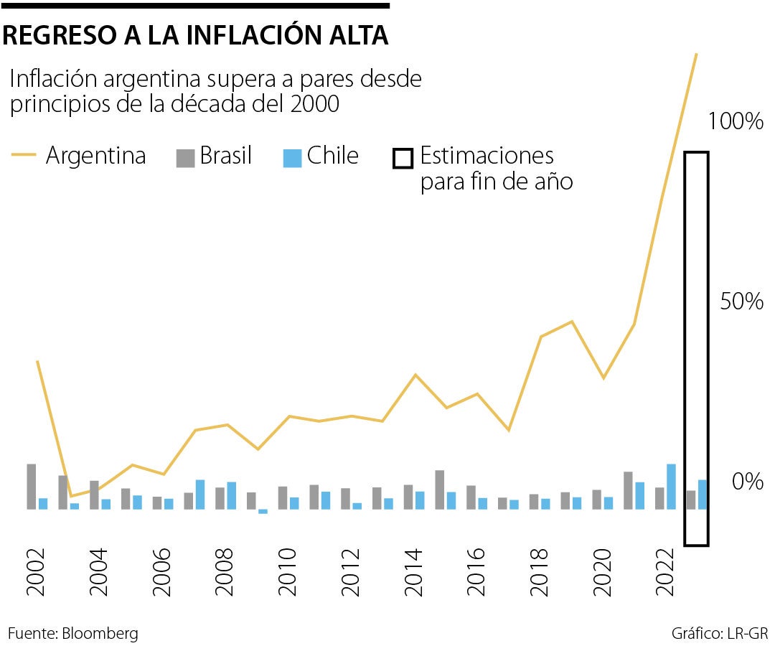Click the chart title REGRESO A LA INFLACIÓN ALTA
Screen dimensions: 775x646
point(195,34)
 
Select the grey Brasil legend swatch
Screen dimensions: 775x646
point(185,157)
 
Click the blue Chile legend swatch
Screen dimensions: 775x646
point(292,157)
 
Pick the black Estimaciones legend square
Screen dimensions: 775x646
point(403,158)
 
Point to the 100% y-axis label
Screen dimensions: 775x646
point(735,121)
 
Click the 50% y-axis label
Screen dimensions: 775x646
point(742,301)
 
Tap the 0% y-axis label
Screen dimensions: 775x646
point(748,482)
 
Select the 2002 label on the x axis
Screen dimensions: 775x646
point(36,574)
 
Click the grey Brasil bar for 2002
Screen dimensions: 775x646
point(32,487)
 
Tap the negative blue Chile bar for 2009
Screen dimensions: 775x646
point(263,512)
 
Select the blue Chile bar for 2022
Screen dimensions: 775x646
point(671,487)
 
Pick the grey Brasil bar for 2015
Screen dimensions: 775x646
point(439,490)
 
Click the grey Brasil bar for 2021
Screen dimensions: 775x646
point(628,490)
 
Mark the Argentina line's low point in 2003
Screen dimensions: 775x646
point(70,496)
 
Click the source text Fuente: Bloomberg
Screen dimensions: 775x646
point(72,634)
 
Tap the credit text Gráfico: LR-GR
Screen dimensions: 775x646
point(720,634)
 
